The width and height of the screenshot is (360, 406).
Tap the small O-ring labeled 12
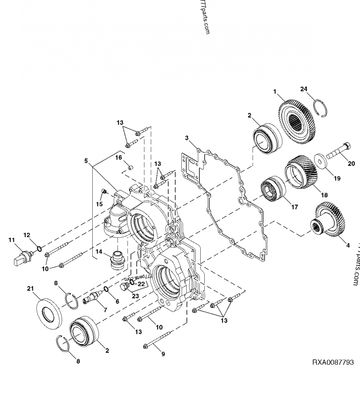pos(39,248)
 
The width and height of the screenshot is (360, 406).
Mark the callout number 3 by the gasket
pos(186,137)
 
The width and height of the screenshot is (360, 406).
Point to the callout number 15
pos(100,204)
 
